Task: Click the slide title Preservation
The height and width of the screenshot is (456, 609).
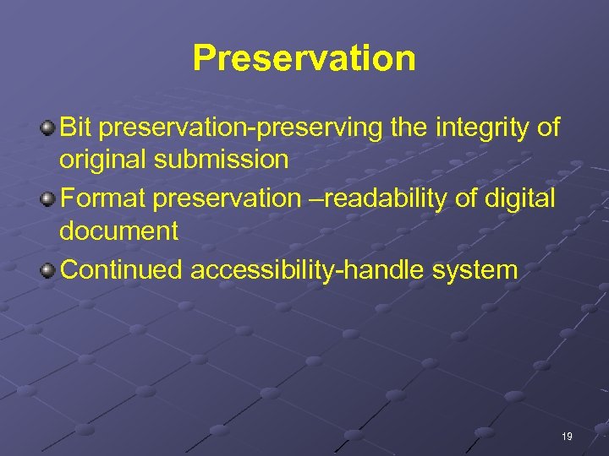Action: (x=304, y=58)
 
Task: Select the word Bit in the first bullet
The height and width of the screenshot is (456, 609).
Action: (x=77, y=128)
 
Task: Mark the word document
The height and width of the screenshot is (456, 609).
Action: (x=118, y=231)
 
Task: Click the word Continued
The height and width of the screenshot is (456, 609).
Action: (x=123, y=270)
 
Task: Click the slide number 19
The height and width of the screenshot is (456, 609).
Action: (x=566, y=437)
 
